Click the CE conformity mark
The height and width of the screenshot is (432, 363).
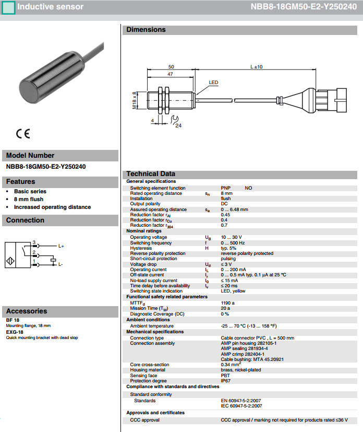(23, 133)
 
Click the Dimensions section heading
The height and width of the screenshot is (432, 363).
(146, 30)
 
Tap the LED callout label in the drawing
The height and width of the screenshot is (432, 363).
(213, 83)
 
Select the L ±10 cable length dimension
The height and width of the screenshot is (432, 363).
(257, 67)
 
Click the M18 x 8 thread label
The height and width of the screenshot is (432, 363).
(135, 101)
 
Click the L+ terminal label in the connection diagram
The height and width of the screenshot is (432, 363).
(61, 246)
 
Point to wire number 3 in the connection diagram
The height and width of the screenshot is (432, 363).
(34, 242)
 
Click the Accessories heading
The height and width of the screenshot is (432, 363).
(27, 311)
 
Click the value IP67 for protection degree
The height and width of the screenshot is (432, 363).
(226, 381)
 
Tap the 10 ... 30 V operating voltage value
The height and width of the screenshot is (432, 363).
(231, 237)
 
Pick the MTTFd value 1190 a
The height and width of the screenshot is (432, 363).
(228, 302)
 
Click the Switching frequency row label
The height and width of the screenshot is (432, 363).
(151, 242)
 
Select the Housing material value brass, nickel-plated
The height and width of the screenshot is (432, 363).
(241, 370)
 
